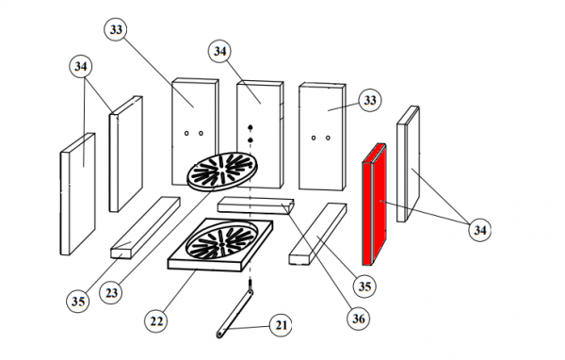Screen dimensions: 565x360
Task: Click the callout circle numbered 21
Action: pyautogui.click(x=281, y=325)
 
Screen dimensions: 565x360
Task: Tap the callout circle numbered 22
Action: pyautogui.click(x=155, y=321)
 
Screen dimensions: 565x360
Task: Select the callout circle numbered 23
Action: pyautogui.click(x=110, y=292)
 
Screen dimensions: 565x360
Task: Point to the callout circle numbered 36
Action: pyautogui.click(x=358, y=319)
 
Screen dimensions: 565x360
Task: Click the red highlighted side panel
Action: pyautogui.click(x=375, y=205)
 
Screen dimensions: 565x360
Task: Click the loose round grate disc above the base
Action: pyautogui.click(x=222, y=171)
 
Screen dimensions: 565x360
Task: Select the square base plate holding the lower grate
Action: pyautogui.click(x=220, y=244)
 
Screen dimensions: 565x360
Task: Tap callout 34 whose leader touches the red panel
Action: pyautogui.click(x=479, y=230)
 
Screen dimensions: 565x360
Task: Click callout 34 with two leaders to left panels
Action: pyautogui.click(x=81, y=66)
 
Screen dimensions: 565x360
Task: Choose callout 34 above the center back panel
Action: pyautogui.click(x=219, y=51)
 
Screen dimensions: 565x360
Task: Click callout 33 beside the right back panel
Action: pyautogui.click(x=370, y=100)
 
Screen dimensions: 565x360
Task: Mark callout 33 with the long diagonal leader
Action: pyautogui.click(x=116, y=29)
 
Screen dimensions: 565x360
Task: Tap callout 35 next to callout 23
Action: pyautogui.click(x=78, y=301)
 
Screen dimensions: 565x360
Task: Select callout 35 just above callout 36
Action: pyautogui.click(x=364, y=286)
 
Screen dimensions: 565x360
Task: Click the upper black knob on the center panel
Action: pyautogui.click(x=250, y=127)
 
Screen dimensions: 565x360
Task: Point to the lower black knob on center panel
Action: pyautogui.click(x=250, y=140)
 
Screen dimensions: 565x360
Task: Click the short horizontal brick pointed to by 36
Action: pyautogui.click(x=256, y=205)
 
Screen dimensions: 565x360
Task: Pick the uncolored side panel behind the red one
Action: pyautogui.click(x=409, y=164)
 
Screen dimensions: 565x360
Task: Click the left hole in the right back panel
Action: pyautogui.click(x=314, y=138)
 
